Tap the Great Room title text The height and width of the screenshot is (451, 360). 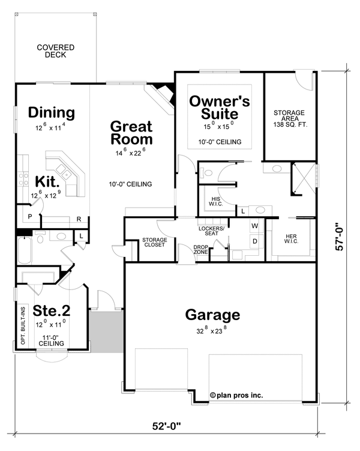(x=131, y=133)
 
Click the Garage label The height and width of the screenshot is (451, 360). (x=212, y=315)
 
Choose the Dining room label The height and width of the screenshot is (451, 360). (x=51, y=113)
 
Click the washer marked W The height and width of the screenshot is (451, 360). (x=254, y=226)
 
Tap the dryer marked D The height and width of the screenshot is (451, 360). (x=254, y=241)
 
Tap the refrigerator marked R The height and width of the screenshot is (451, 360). (x=79, y=220)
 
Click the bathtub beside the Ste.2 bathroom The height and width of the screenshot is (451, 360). (x=24, y=251)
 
